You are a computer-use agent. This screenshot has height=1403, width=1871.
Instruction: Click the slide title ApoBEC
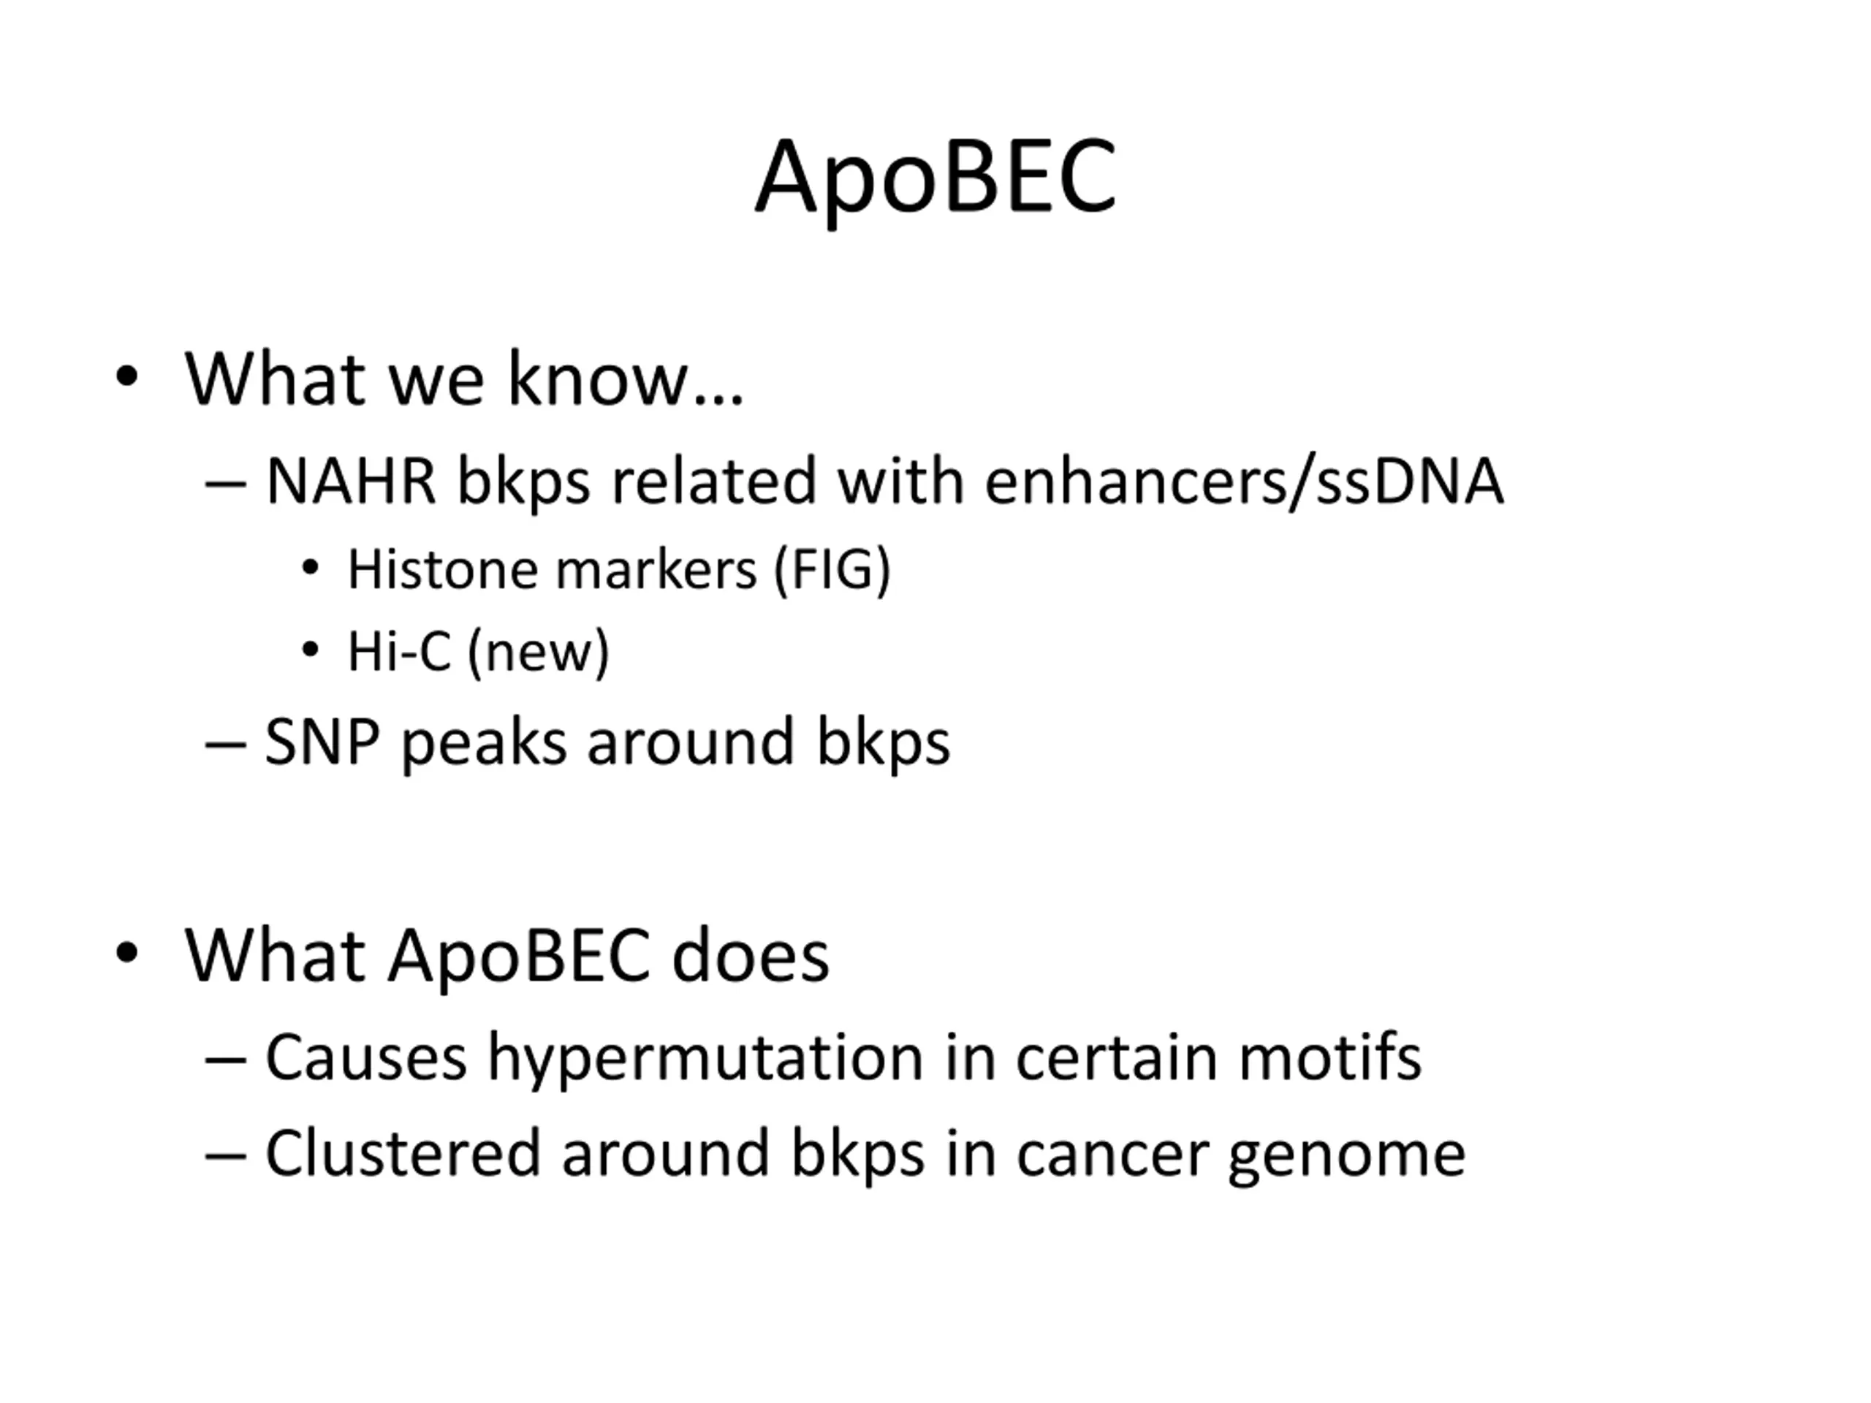(935, 179)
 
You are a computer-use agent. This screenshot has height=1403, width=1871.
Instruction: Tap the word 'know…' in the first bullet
(625, 378)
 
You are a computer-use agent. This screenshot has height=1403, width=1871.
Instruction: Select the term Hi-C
(399, 652)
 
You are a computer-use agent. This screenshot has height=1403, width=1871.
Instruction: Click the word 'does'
(751, 957)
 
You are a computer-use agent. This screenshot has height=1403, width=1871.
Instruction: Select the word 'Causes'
(366, 1058)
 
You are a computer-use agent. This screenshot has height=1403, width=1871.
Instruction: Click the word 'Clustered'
(403, 1152)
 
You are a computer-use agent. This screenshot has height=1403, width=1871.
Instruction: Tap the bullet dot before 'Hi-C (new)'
(311, 650)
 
